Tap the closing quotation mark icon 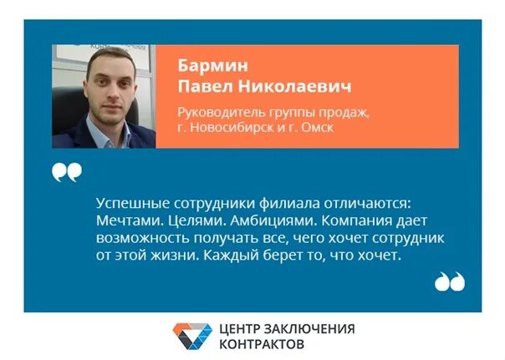click(449, 282)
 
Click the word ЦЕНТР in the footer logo click(242, 328)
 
